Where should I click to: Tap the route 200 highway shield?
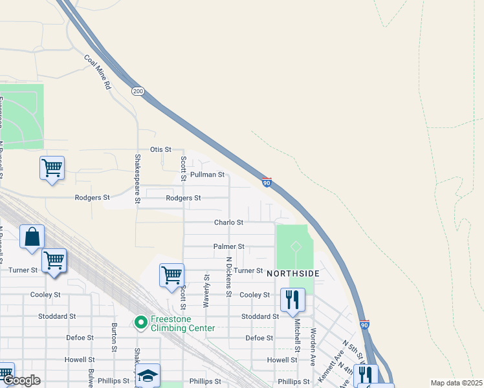pyautogui.click(x=138, y=91)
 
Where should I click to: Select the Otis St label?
pyautogui.click(x=160, y=149)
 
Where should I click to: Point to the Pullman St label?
pyautogui.click(x=212, y=175)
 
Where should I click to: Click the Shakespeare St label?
pyautogui.click(x=137, y=179)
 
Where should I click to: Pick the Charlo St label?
pyautogui.click(x=229, y=222)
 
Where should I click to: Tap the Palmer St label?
pyautogui.click(x=229, y=246)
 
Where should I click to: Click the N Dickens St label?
pyautogui.click(x=229, y=276)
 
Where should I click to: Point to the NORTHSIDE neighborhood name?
pyautogui.click(x=293, y=274)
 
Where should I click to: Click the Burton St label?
pyautogui.click(x=114, y=334)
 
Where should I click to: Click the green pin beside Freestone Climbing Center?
pyautogui.click(x=140, y=321)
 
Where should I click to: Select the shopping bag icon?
pyautogui.click(x=32, y=237)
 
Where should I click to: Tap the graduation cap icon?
pyautogui.click(x=148, y=375)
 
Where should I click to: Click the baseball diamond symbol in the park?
pyautogui.click(x=295, y=246)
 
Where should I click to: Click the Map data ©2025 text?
pyautogui.click(x=456, y=383)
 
